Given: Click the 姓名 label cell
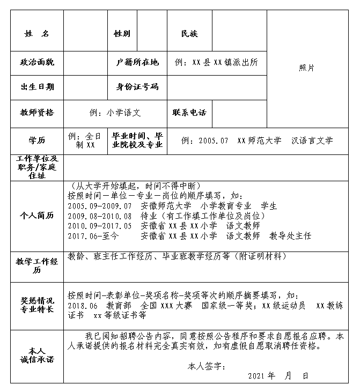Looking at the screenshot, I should pos(36,34).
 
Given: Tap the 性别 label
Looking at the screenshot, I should pos(122,34).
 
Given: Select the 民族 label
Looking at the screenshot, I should pos(189,34).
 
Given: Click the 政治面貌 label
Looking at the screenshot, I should pos(37,62).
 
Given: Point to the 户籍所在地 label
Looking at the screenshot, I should pos(137,62).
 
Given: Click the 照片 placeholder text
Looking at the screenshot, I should pos(307,68).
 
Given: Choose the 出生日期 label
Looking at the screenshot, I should pos(37,87).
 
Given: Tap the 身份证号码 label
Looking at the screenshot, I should pos(137,87).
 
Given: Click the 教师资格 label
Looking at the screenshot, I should pos(37,113).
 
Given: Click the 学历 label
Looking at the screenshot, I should pos(37,140).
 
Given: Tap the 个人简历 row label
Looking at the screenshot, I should pos(37,215).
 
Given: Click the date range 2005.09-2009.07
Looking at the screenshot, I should pos(100,206).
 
